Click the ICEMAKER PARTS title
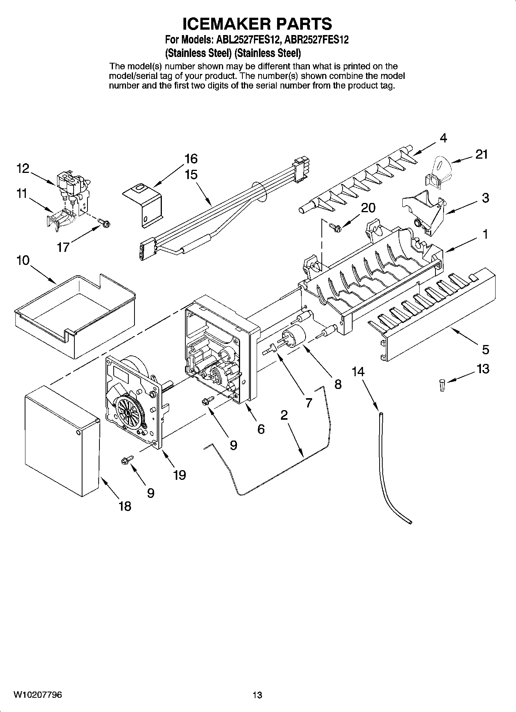pyautogui.click(x=257, y=24)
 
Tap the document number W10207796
pyautogui.click(x=38, y=695)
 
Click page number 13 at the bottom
pyautogui.click(x=257, y=695)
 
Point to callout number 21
pyautogui.click(x=481, y=154)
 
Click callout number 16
pyautogui.click(x=191, y=159)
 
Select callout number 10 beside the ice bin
pyautogui.click(x=23, y=261)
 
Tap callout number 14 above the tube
pyautogui.click(x=358, y=372)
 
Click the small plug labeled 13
pyautogui.click(x=442, y=385)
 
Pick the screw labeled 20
pyautogui.click(x=335, y=228)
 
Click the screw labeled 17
pyautogui.click(x=104, y=222)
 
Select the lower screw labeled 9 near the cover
pyautogui.click(x=126, y=460)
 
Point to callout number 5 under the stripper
pyautogui.click(x=485, y=349)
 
